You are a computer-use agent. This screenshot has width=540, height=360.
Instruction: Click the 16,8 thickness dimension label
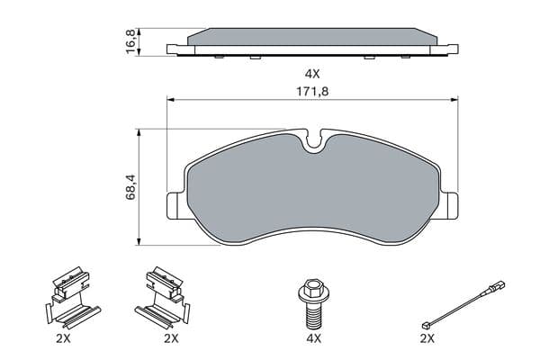click(131, 42)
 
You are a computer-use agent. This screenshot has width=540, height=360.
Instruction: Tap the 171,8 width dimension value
click(312, 92)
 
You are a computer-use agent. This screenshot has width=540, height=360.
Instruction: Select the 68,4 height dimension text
click(130, 188)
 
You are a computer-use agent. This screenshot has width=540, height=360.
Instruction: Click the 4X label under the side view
click(312, 74)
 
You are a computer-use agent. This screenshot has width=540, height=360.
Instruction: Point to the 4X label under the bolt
click(313, 339)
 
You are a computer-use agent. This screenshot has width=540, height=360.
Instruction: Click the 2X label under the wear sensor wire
click(427, 339)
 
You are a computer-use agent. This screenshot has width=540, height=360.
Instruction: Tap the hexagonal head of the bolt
click(312, 288)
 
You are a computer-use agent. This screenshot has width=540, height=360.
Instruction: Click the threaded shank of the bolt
click(313, 315)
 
